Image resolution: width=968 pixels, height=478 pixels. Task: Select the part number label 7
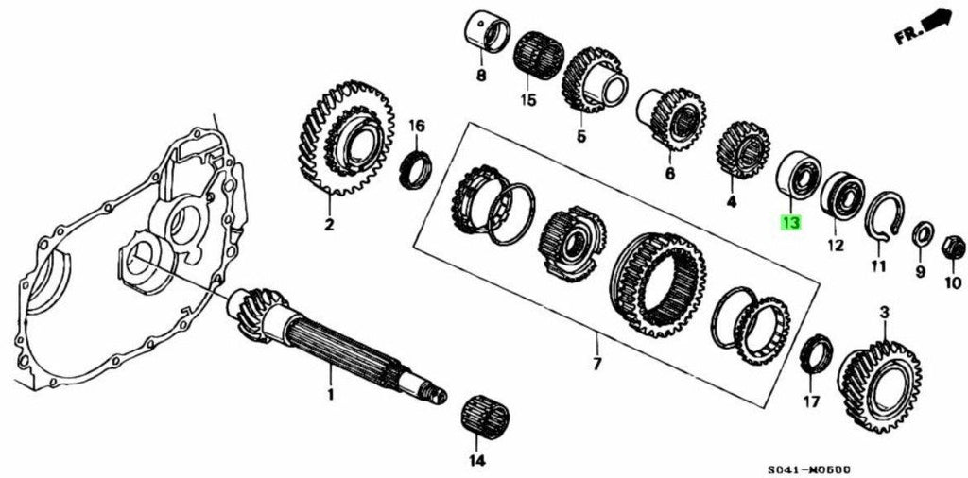point(596,364)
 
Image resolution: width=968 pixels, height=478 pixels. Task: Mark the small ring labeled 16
point(416,168)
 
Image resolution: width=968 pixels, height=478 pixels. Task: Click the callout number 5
point(580,137)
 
